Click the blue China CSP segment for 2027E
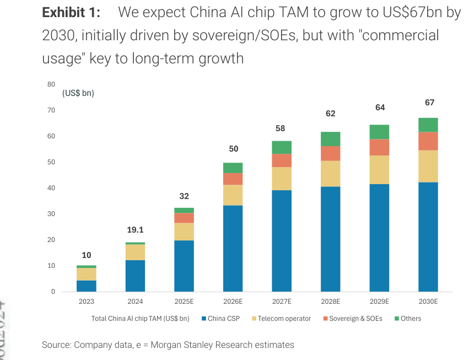282,240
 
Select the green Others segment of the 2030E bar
428,125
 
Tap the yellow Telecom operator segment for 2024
135,252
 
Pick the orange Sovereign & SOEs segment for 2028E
331,153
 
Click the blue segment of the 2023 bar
87,286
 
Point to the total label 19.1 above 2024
135,230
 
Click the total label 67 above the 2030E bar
429,103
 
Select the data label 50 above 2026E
233,149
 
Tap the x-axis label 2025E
184,302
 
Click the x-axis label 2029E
379,302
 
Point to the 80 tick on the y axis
51,84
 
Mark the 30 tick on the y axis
51,214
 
